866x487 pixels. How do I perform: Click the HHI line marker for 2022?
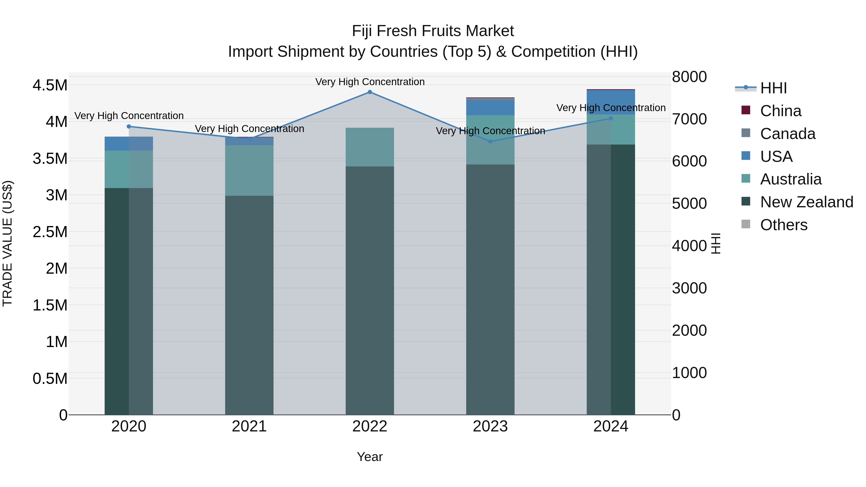(x=369, y=92)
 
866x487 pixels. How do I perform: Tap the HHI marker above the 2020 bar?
(x=129, y=126)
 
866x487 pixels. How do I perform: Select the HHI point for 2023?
(x=490, y=141)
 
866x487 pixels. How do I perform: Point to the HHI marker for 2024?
(x=611, y=118)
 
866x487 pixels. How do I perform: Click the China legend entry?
(x=780, y=111)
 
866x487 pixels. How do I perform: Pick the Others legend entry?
(x=784, y=225)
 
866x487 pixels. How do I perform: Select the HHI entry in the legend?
(x=773, y=88)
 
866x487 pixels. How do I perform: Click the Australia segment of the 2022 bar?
(x=369, y=147)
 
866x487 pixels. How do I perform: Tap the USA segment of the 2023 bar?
(x=490, y=108)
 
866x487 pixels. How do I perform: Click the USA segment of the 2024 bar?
(x=611, y=102)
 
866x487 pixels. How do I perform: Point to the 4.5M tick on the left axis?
(x=50, y=85)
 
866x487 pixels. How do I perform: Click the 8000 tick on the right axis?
(x=689, y=77)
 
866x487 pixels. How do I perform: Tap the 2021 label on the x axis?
(x=249, y=426)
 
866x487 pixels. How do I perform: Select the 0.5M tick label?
(x=50, y=379)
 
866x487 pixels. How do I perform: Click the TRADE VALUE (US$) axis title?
(x=8, y=243)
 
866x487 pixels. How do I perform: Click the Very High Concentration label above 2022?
(x=370, y=82)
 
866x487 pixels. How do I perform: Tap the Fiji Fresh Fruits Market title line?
(x=433, y=31)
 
